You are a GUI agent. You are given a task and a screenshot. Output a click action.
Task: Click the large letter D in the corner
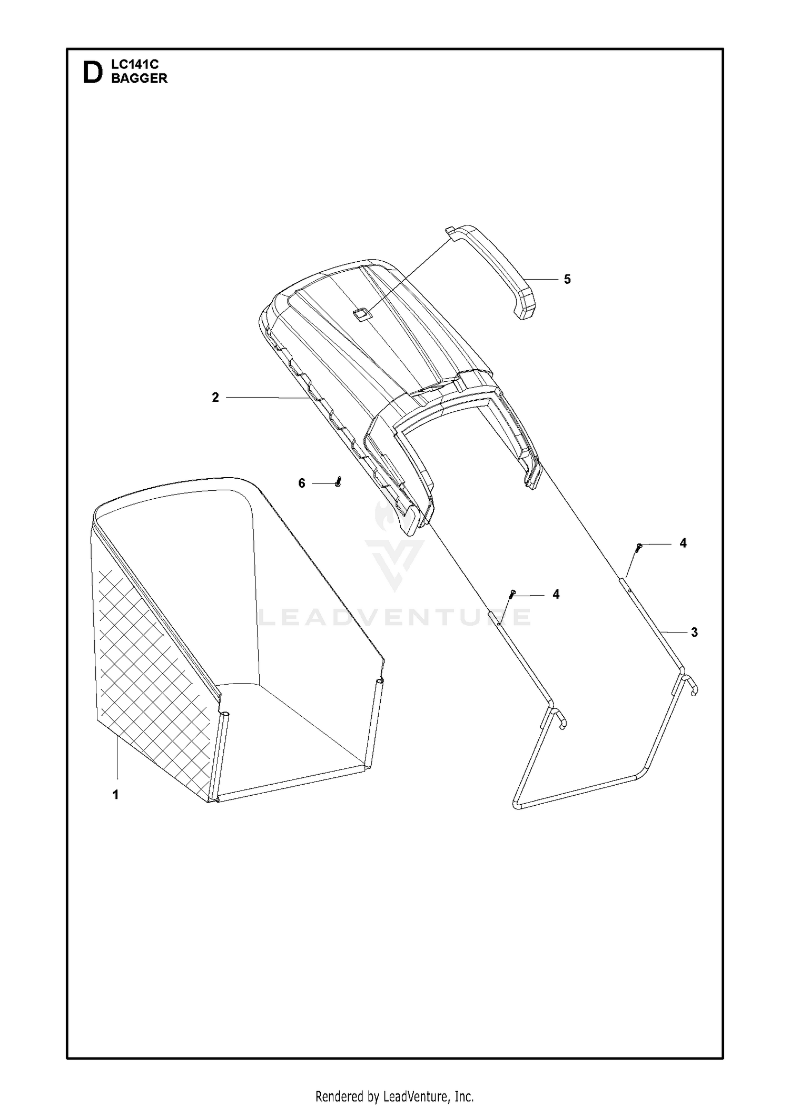point(93,73)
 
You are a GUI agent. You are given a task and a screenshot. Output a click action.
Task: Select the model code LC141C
point(135,65)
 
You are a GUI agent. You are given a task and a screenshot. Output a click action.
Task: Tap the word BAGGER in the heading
point(140,78)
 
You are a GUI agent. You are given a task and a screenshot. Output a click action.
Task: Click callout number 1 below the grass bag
point(116,795)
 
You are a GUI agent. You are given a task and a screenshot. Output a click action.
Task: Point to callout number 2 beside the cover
point(215,398)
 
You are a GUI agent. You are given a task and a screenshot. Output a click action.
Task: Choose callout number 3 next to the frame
point(694,632)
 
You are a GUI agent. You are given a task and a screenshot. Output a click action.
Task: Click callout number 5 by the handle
point(567,279)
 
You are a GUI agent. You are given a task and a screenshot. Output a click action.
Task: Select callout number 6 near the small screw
point(302,483)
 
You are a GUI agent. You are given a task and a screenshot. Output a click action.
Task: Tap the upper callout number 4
point(683,543)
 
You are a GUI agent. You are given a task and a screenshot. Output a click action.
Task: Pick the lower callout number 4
point(556,594)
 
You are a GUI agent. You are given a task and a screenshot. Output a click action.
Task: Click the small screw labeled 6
point(338,481)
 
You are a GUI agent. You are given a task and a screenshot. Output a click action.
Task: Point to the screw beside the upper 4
point(638,547)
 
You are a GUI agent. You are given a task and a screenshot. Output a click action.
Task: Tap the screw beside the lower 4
point(511,594)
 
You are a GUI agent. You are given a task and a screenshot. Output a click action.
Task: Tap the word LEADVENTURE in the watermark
point(394,617)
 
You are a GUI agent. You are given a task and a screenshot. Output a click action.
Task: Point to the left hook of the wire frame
point(558,719)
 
